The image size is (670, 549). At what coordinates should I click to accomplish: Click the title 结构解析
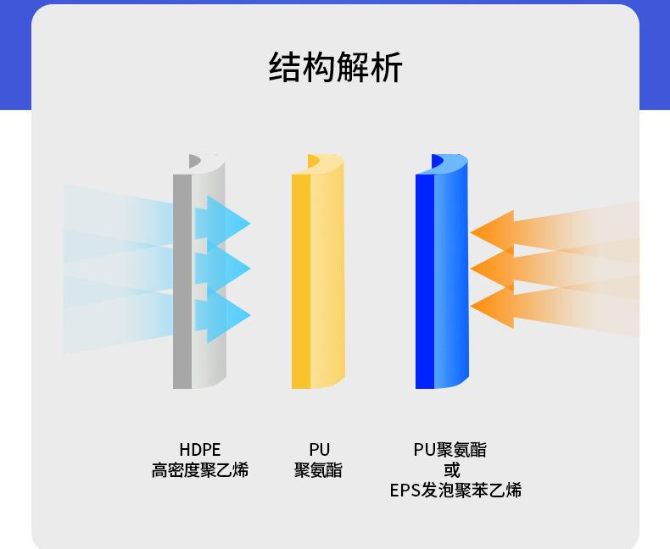335,67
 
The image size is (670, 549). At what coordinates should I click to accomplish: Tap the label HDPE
199,450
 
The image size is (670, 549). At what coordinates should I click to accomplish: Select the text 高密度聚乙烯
199,470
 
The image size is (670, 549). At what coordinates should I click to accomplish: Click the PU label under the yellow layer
319,450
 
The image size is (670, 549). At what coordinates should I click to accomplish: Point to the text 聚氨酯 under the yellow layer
319,470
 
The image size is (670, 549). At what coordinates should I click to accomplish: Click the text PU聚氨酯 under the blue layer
450,450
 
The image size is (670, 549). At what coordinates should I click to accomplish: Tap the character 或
451,470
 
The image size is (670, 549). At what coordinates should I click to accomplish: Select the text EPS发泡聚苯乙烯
455,491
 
